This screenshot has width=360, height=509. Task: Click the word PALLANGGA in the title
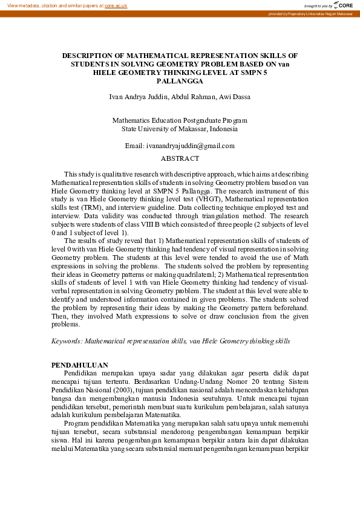pyautogui.click(x=180, y=80)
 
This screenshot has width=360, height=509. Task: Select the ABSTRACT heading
pyautogui.click(x=180, y=158)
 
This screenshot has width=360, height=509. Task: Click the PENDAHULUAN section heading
pyautogui.click(x=80, y=365)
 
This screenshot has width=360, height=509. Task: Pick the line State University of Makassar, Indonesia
pyautogui.click(x=180, y=129)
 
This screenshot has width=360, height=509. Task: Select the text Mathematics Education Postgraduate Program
pyautogui.click(x=180, y=120)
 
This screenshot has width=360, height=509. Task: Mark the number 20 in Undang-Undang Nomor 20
pyautogui.click(x=248, y=382)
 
